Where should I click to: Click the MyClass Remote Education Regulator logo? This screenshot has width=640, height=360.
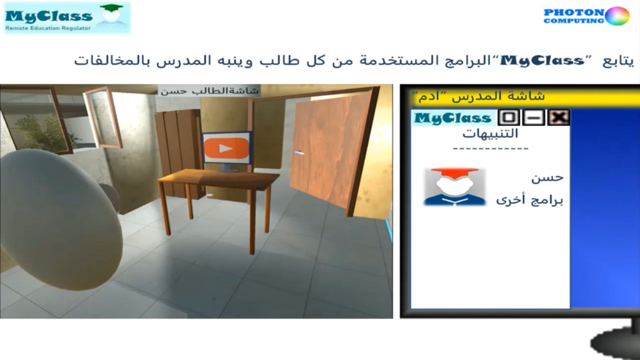[x=67, y=17]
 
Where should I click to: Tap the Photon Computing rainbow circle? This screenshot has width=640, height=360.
[x=617, y=16]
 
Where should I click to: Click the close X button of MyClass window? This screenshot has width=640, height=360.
[x=558, y=117]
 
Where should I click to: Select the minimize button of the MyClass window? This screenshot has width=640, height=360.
[x=533, y=117]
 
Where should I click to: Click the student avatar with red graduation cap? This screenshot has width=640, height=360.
[x=455, y=186]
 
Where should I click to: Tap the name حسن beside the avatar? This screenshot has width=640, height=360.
[x=547, y=177]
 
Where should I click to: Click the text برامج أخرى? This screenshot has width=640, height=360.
[x=529, y=199]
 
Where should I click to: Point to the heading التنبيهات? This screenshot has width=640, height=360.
[x=490, y=133]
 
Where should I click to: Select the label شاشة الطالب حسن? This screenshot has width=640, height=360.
[x=209, y=91]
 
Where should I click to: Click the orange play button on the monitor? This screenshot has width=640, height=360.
[x=226, y=148]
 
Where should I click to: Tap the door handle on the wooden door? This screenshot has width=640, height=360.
[x=299, y=152]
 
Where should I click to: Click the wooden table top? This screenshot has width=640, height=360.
[x=218, y=179]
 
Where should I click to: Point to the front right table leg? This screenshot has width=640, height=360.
[x=251, y=221]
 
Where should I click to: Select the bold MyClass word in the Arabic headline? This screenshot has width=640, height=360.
[x=543, y=61]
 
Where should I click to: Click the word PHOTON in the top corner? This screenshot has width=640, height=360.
[x=574, y=12]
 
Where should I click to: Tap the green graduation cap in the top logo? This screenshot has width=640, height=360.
[x=111, y=7]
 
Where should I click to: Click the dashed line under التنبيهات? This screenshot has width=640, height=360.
[x=490, y=148]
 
